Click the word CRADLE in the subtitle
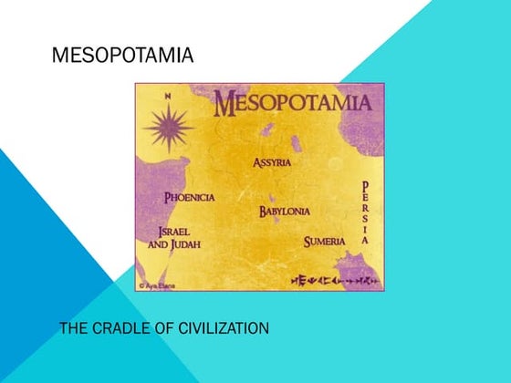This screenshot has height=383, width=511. tap(124, 326)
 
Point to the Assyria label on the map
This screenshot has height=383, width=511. tap(272, 163)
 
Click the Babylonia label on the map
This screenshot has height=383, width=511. tap(284, 212)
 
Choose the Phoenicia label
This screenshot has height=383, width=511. tap(189, 197)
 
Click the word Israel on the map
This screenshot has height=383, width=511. tap(173, 232)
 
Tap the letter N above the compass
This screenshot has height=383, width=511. tap(167, 96)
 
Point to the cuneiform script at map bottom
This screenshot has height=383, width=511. tap(334, 279)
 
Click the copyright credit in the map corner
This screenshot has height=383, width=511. tap(157, 285)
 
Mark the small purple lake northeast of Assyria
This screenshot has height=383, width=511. tap(295, 144)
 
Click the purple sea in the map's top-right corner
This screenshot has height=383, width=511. tap(365, 128)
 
